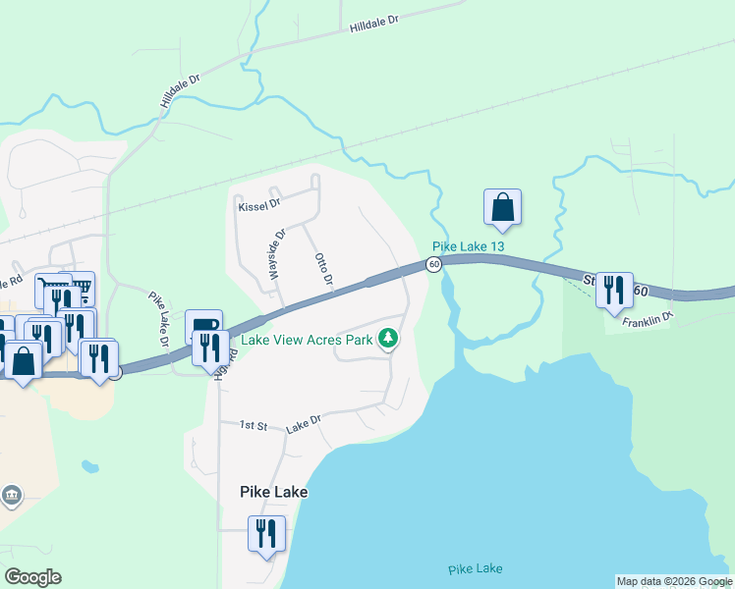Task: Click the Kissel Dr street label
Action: [x=259, y=206]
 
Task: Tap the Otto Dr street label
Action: [x=324, y=272]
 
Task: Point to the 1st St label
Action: [x=254, y=425]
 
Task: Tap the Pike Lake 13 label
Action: [x=468, y=246]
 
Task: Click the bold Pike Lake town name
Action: [x=273, y=492]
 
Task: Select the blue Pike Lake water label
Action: [x=476, y=569]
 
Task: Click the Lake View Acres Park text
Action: [x=308, y=341]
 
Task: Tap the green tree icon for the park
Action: [x=390, y=339]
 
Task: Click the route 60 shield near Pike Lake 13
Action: [x=433, y=264]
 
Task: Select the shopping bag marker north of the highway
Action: [x=502, y=208]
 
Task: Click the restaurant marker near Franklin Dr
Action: [x=614, y=291]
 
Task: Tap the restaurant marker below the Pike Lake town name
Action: [x=266, y=534]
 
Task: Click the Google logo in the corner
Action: [x=32, y=577]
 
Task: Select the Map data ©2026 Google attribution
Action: [x=674, y=581]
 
